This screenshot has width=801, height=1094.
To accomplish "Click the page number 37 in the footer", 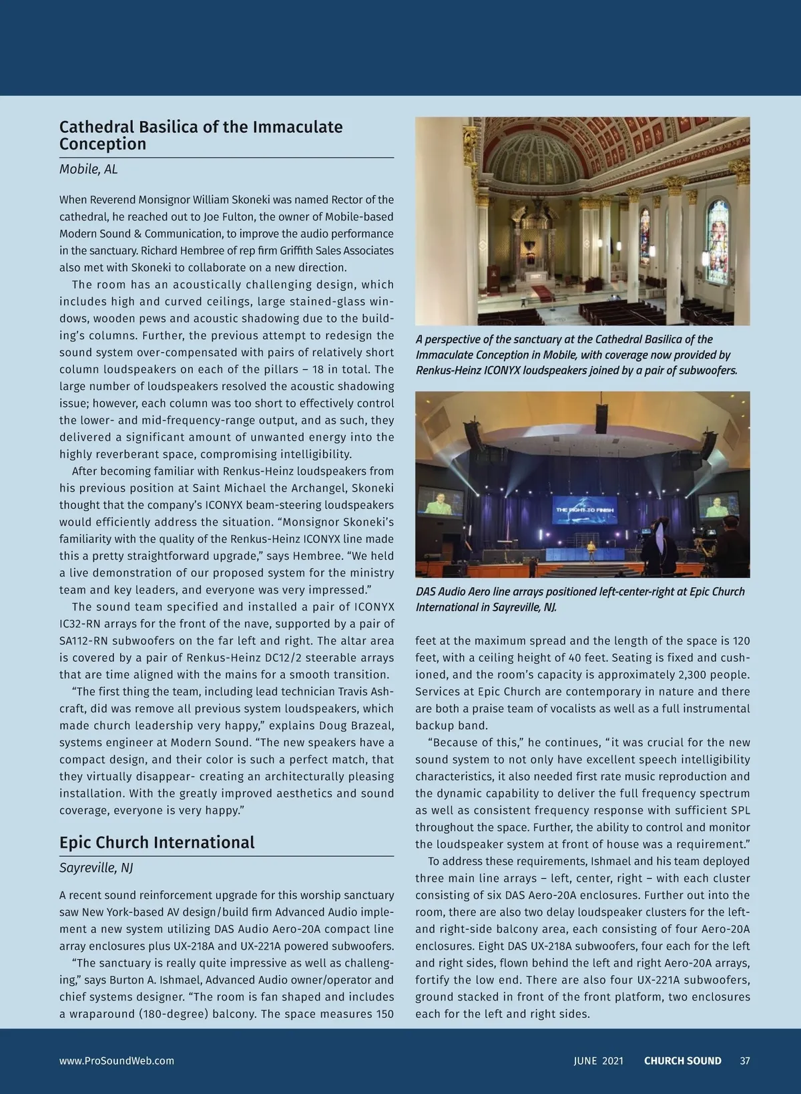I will point(745,1061).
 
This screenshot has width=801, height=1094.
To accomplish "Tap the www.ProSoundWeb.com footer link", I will point(117,1061).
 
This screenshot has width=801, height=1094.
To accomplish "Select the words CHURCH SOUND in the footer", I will point(682,1061).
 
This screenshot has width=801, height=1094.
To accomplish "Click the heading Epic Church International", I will point(157,842).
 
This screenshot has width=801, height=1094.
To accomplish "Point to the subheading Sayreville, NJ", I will point(96,868).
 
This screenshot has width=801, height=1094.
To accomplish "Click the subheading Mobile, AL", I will point(88,169).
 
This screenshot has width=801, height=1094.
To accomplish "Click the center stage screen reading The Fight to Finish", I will point(584,510).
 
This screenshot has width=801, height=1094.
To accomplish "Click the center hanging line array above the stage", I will point(601,419).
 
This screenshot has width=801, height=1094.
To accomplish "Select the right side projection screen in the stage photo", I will point(718,504).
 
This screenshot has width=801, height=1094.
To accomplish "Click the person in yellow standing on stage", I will point(591,549).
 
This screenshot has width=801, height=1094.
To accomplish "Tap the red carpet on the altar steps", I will point(542,293).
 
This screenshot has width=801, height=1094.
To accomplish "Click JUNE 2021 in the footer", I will point(598,1061).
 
